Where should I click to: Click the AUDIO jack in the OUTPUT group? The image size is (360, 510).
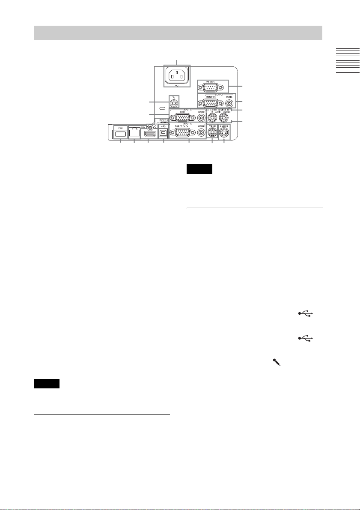pyautogui.click(x=230, y=103)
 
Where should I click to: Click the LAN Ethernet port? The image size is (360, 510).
pyautogui.click(x=134, y=133)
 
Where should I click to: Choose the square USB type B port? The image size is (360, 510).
pyautogui.click(x=164, y=133)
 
